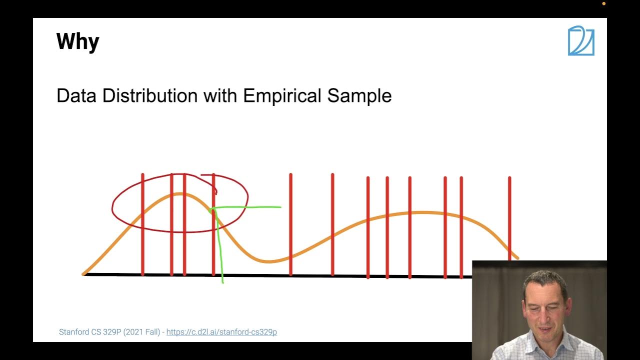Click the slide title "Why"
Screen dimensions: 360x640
(77, 41)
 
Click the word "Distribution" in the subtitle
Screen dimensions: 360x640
(149, 95)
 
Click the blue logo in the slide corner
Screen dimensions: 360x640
(581, 41)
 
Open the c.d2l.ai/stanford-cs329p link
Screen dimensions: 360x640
(221, 332)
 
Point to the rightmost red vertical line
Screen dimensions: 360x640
(509, 215)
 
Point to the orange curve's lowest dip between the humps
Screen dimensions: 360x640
(269, 261)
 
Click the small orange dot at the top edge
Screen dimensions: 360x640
(603, 3)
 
